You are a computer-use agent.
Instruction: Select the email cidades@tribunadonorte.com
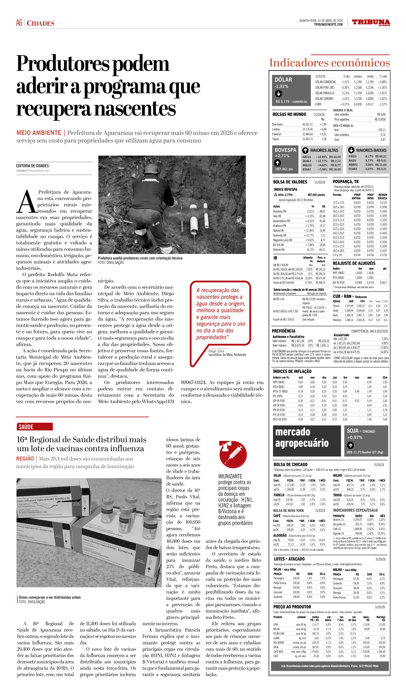33,171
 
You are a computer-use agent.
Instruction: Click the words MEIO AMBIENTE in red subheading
39,133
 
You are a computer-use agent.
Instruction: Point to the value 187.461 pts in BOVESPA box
284,169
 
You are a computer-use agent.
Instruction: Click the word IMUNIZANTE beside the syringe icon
230,476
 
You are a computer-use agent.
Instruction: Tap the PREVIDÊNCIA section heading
283,331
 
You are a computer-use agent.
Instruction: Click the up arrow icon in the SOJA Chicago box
350,445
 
